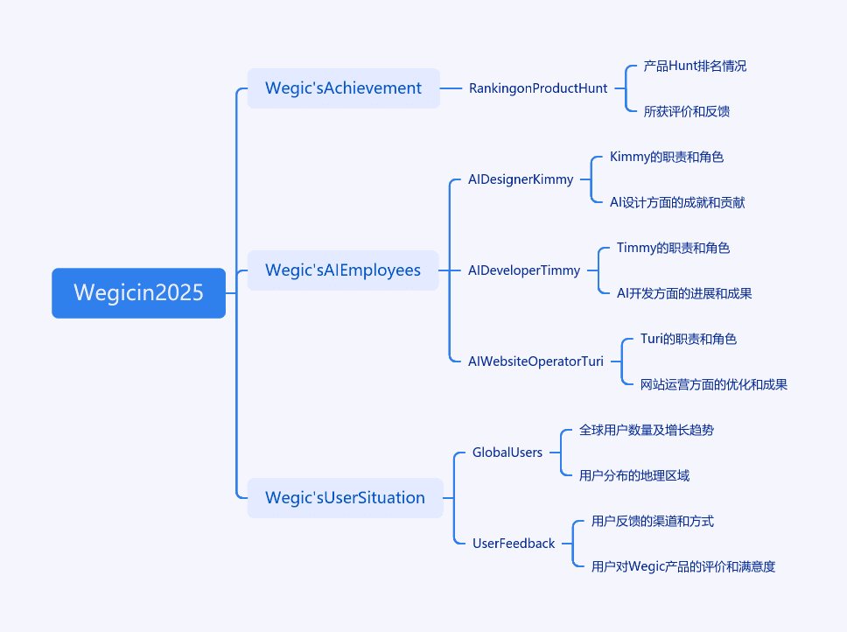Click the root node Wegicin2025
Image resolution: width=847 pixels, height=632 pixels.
pos(139,292)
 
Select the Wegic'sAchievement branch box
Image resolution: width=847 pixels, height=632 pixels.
pos(344,88)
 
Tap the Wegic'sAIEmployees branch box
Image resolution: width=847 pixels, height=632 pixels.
pos(343,270)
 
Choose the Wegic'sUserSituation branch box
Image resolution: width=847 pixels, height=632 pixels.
pos(345,497)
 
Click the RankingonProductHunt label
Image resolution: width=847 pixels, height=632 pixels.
pos(538,88)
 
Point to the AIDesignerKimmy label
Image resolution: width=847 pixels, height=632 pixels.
pos(521,179)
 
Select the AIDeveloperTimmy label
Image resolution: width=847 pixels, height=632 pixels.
pos(524,270)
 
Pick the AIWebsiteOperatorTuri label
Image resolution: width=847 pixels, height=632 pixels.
pos(535,362)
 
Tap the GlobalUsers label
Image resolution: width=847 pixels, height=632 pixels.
pos(507,453)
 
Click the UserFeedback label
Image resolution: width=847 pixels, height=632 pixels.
pos(514,544)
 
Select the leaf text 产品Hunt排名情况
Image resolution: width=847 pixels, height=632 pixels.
pos(695,66)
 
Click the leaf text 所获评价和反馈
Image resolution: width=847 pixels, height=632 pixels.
pos(687,111)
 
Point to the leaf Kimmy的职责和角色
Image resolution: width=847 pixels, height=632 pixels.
pos(667,157)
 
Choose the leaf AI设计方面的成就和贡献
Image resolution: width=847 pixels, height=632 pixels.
pos(677,202)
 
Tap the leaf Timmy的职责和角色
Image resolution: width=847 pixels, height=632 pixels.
pos(673,248)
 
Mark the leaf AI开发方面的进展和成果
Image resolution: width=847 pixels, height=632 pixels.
pos(684,293)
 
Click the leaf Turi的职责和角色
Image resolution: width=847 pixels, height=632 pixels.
pos(688,339)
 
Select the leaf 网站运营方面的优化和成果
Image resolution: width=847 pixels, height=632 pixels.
pos(714,384)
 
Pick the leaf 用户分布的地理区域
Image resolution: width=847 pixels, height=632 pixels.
pos(634,475)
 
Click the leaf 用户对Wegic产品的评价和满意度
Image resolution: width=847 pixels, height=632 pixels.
pos(683,566)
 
